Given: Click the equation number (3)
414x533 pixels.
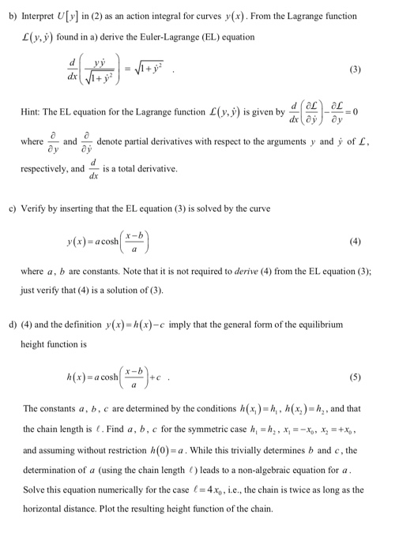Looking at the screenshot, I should click(356, 69).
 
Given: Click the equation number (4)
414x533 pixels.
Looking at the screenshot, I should click(356, 241).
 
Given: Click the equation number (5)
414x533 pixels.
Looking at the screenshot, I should click(356, 377).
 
